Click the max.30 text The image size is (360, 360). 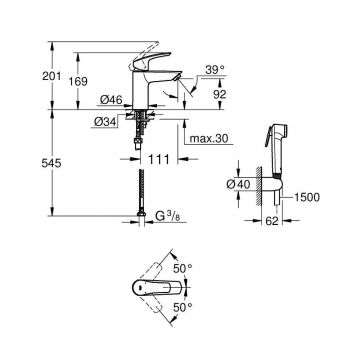tap(209, 154)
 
